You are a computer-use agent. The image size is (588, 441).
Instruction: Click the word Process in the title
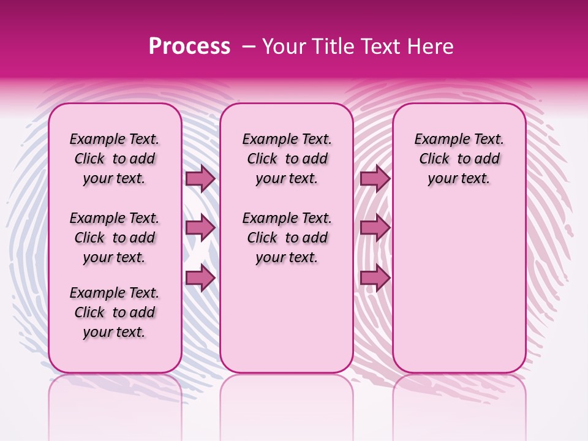tap(189, 47)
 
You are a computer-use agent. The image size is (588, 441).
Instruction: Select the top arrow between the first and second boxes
tap(200, 178)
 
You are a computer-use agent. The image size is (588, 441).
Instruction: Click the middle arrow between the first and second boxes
tap(200, 228)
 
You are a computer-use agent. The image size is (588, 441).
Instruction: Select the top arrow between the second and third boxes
tap(375, 178)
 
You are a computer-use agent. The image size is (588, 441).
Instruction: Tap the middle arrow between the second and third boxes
tap(375, 228)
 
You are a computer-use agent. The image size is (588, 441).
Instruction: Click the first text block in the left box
tap(115, 159)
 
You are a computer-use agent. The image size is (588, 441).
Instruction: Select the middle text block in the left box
tap(115, 238)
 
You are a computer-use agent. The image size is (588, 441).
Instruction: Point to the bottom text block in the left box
tap(115, 312)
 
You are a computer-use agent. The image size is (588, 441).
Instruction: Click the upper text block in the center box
tap(287, 159)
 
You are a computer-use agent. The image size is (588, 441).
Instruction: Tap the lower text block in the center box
tap(287, 238)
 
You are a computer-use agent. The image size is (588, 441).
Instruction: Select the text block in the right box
tap(459, 159)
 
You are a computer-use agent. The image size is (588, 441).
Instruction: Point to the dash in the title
tap(249, 47)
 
